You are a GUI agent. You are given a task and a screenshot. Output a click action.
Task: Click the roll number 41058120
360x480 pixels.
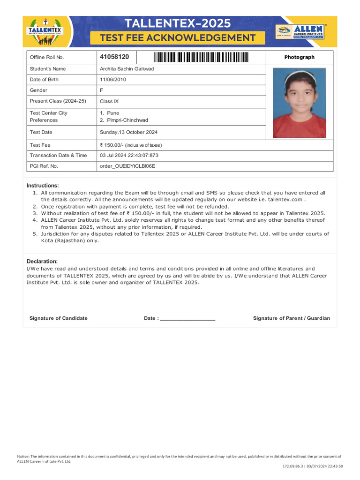[114, 57]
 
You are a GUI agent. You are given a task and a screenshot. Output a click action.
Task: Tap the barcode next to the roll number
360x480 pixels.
[201, 57]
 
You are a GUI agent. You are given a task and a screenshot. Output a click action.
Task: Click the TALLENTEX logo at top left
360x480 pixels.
[45, 31]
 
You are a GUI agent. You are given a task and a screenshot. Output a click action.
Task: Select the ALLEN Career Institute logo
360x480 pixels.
[300, 31]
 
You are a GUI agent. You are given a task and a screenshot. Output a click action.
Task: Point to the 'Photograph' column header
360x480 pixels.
[299, 57]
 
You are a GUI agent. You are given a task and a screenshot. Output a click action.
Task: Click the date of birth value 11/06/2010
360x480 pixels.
[113, 80]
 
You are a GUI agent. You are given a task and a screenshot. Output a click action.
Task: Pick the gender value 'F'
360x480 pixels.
[102, 90]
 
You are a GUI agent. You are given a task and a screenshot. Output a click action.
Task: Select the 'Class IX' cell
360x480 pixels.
[109, 101]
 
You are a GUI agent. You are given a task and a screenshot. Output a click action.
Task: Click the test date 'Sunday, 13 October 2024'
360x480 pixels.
[128, 132]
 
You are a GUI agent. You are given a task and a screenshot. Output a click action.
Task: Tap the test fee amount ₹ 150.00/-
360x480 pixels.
[112, 145]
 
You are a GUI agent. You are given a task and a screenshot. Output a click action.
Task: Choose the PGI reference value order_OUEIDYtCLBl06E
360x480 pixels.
[127, 166]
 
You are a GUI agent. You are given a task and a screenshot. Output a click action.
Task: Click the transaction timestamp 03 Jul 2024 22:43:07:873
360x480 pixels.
[129, 155]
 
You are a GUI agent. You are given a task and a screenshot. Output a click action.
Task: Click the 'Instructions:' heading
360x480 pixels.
[43, 186]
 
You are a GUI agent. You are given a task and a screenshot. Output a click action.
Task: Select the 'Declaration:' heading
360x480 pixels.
[42, 261]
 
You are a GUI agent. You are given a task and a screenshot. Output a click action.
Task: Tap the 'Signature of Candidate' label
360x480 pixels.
[58, 318]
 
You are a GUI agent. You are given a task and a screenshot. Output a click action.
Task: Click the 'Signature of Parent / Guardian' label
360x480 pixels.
[291, 318]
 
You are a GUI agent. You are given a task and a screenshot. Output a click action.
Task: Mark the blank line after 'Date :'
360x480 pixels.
[187, 319]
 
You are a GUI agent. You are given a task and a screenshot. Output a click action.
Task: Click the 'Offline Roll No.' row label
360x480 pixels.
[47, 57]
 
